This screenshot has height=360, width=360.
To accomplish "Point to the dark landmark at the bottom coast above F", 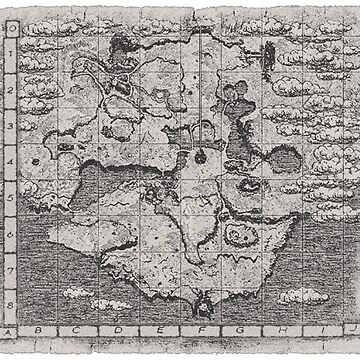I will [204, 298].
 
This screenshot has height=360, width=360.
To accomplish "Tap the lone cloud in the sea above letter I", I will [302, 296].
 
